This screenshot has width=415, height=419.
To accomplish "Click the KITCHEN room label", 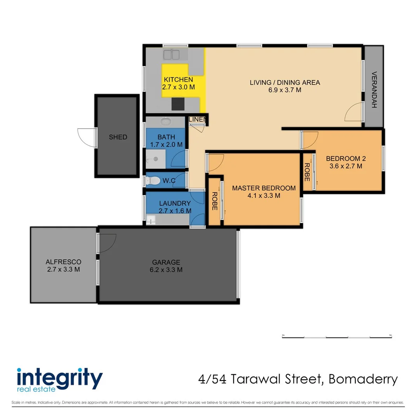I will coord(178,80).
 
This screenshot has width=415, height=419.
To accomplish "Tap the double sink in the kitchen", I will coord(171,55).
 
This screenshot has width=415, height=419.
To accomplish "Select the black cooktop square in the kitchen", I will coord(179,104).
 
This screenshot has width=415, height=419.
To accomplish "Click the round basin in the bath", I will coord(166,122).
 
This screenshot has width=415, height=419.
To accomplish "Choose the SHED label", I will coord(118,137).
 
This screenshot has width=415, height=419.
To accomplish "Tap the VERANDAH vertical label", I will coord(374,90).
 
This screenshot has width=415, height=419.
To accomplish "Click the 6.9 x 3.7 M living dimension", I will coord(285,90).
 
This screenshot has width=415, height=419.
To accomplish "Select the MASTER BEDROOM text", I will coord(264,188).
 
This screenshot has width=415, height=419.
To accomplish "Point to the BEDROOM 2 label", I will coord(346,158).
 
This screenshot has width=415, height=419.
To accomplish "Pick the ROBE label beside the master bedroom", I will coord(214,201).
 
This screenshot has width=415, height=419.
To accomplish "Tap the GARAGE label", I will coord(166,262).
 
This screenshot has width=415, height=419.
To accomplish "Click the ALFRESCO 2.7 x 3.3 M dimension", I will coord(63,269).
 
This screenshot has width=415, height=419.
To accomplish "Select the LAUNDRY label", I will coord(175,203).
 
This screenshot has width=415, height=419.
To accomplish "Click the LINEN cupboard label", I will coord(197,119).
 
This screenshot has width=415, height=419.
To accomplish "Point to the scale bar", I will coord(336,336).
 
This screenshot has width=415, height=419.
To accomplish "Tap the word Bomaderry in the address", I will coord(363,379).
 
